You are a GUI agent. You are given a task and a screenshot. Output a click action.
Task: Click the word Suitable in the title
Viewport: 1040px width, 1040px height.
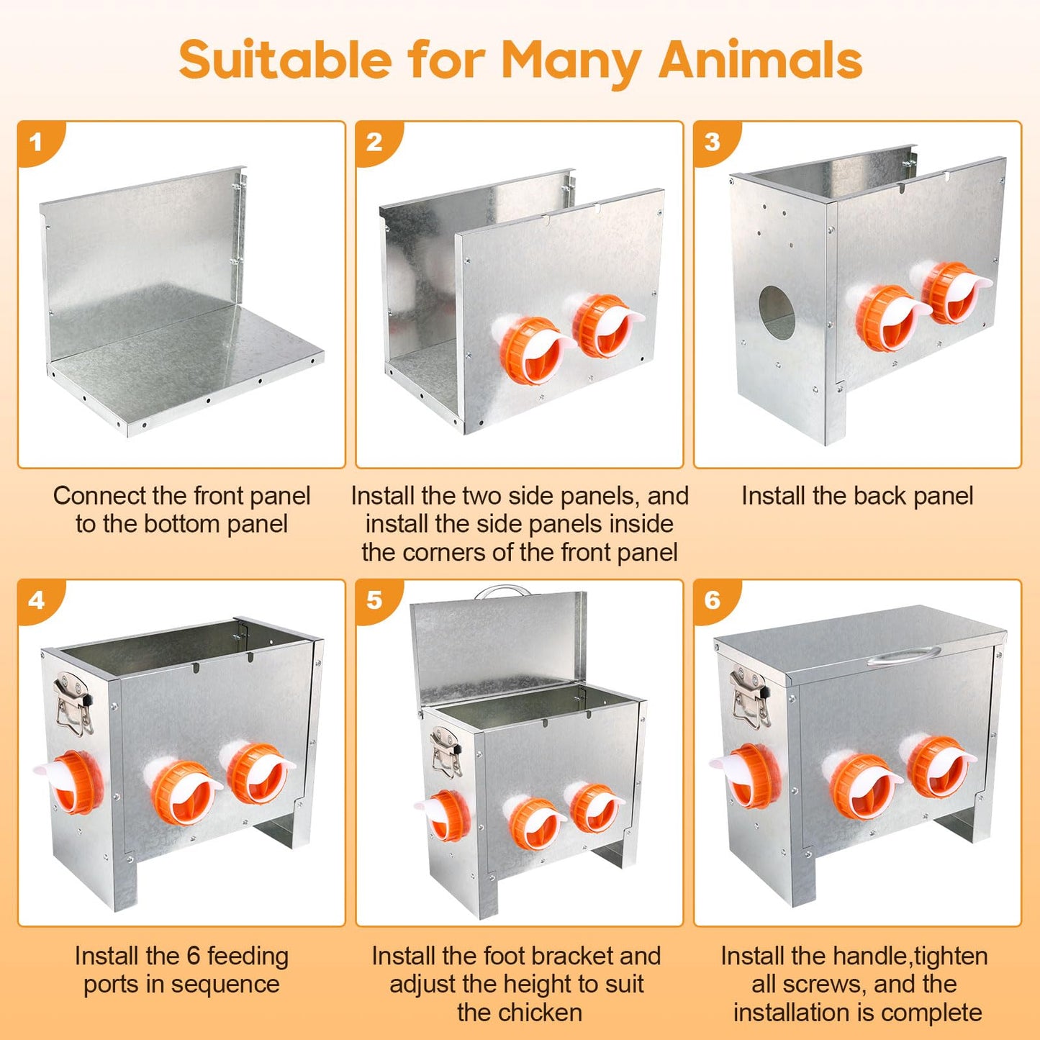(x=286, y=59)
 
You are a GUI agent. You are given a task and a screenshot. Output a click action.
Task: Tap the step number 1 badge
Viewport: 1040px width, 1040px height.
(x=37, y=141)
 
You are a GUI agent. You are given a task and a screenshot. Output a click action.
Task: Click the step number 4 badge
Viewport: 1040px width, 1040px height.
(x=37, y=600)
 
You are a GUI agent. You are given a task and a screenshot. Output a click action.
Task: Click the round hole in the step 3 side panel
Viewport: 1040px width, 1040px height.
(x=777, y=312)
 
